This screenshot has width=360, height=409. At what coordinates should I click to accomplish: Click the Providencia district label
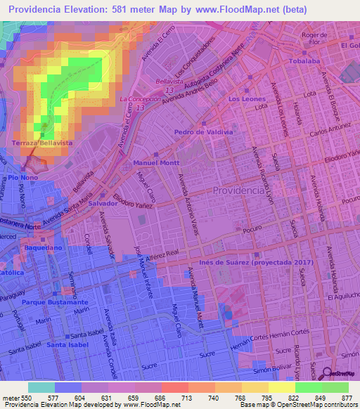[x=239, y=191]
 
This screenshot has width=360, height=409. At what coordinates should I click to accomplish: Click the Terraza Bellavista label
[x=44, y=143]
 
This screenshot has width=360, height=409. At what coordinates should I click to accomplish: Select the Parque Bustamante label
[x=48, y=301]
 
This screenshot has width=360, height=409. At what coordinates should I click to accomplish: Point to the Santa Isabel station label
[x=66, y=345]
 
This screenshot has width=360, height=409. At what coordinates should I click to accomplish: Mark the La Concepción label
[x=139, y=99]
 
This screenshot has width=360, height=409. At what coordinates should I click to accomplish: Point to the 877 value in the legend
[x=346, y=397]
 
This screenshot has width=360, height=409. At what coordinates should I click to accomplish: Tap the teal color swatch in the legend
[x=41, y=387]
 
